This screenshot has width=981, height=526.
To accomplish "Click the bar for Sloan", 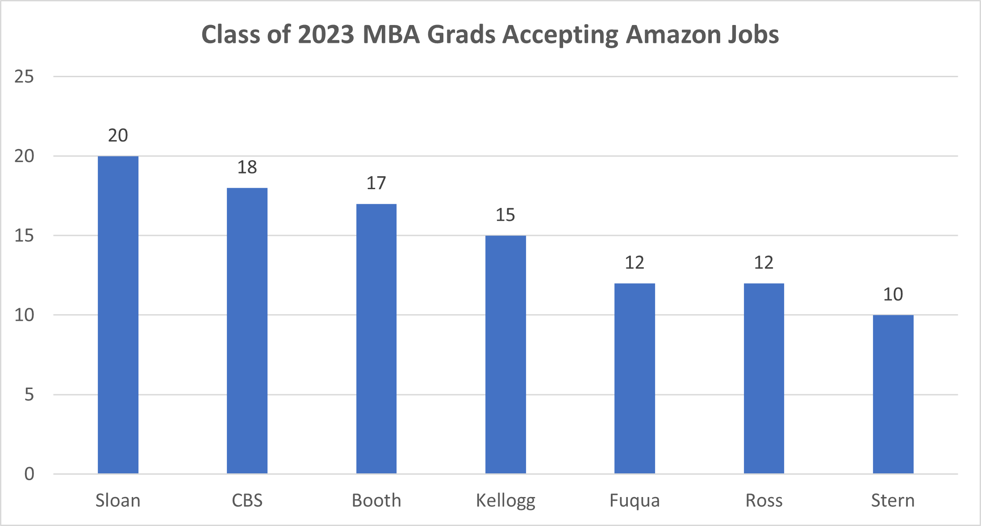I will click(x=118, y=315).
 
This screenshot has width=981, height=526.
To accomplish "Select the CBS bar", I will click(x=247, y=331).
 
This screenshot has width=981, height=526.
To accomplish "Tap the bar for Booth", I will click(x=376, y=339).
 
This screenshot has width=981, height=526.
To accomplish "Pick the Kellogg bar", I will click(x=505, y=354).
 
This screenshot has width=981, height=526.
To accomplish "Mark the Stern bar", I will click(x=893, y=394).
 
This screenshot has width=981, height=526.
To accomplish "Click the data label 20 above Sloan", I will click(x=118, y=136).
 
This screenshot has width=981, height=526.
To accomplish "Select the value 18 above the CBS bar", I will click(x=247, y=167).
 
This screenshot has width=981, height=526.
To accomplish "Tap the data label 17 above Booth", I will click(x=376, y=183).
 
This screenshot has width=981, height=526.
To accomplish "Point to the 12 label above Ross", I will click(x=764, y=263).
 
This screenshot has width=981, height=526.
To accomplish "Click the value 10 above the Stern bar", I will click(x=893, y=294).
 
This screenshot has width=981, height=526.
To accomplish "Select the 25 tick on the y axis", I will click(x=24, y=77).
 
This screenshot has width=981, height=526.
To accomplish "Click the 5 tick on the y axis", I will click(x=29, y=395).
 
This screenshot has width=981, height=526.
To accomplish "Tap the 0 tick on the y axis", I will click(x=29, y=474).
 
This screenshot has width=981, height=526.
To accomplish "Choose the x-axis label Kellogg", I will click(x=505, y=501).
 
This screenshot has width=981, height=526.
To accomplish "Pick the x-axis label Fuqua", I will click(x=635, y=501).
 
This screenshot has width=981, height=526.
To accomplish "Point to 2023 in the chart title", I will click(x=326, y=34).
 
